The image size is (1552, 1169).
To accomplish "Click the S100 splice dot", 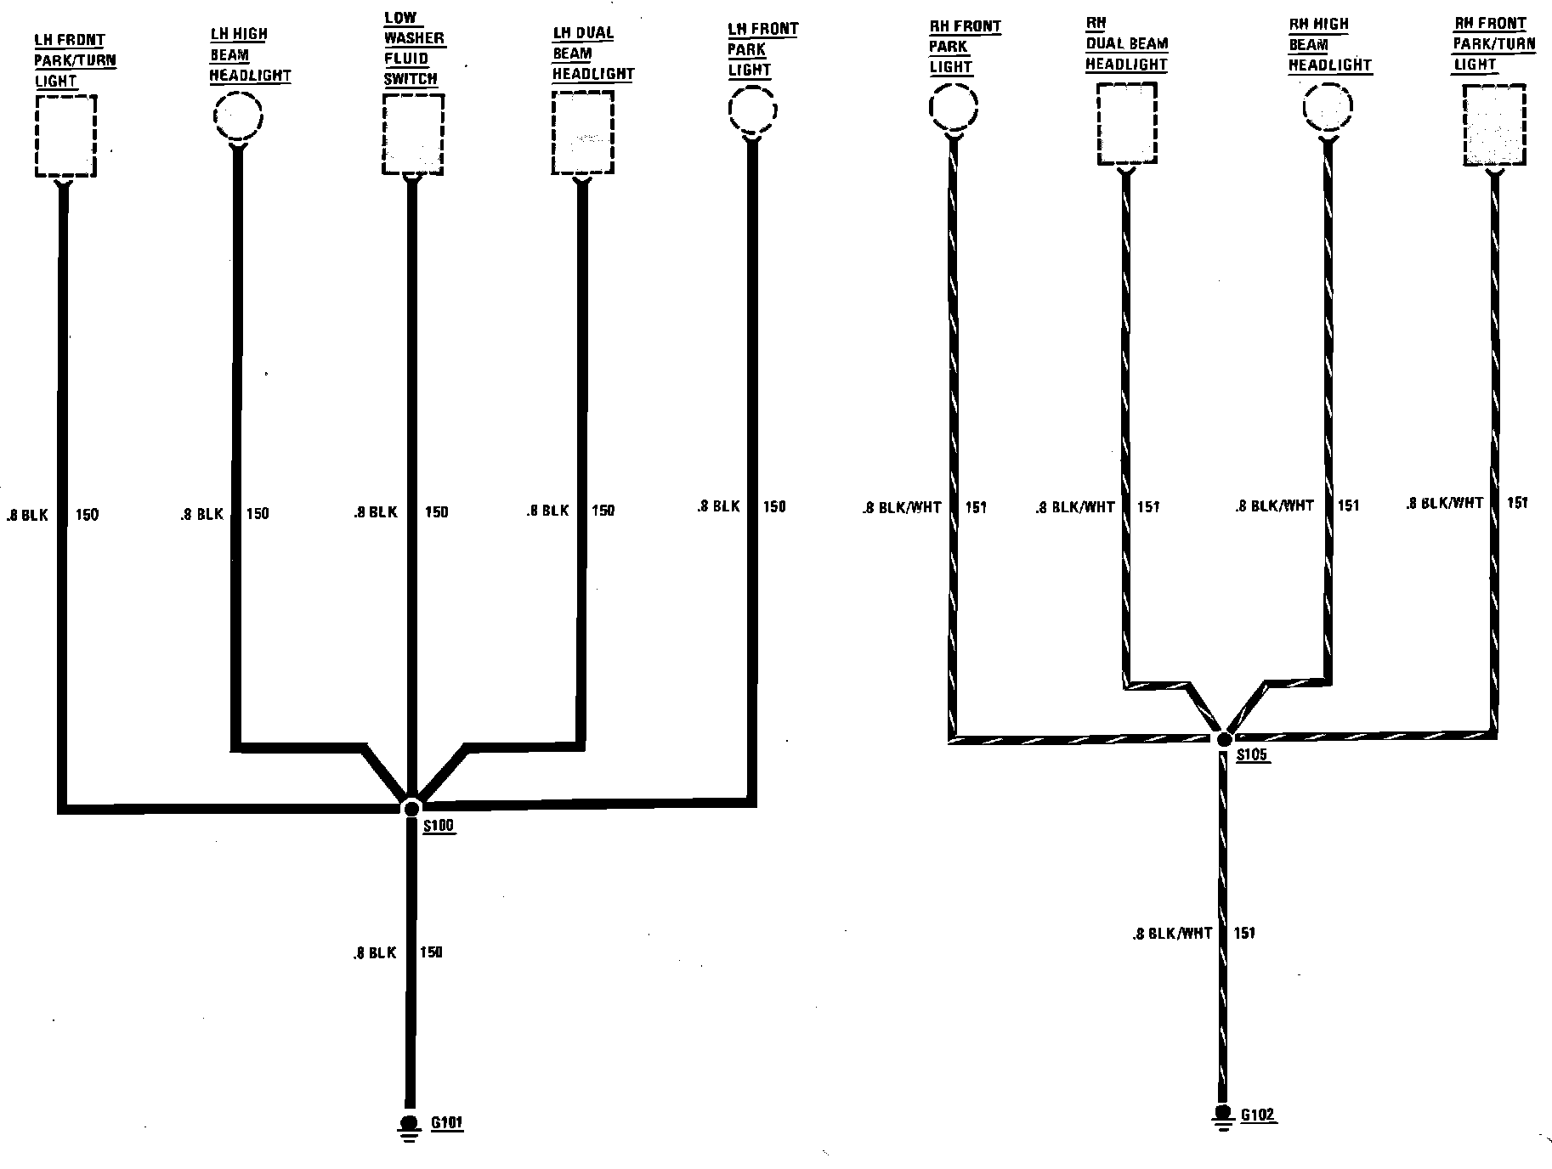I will click(x=411, y=807).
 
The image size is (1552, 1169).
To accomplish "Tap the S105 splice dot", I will click(x=1224, y=739).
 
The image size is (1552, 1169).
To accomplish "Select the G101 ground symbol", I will click(x=410, y=1125).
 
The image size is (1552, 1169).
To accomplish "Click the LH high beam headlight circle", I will click(x=238, y=115).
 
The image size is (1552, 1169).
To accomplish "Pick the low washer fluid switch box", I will click(x=413, y=134).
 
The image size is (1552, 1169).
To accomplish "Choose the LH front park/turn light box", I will click(x=65, y=136).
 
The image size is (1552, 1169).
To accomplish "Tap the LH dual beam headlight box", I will click(x=582, y=133).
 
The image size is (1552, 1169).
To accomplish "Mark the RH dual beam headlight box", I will click(x=1126, y=123).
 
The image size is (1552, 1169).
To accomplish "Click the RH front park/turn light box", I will click(x=1494, y=125).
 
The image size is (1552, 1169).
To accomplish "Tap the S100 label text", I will click(x=438, y=826).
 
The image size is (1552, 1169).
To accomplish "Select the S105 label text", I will click(x=1252, y=755).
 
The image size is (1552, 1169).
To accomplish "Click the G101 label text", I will click(x=446, y=1123).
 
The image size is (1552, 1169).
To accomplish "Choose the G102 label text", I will click(x=1258, y=1115).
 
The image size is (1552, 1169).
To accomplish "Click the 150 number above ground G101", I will click(x=431, y=952).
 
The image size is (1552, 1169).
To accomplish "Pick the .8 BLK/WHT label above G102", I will click(x=1172, y=933).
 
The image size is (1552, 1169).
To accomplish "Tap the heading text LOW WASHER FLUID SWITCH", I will click(x=414, y=48).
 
